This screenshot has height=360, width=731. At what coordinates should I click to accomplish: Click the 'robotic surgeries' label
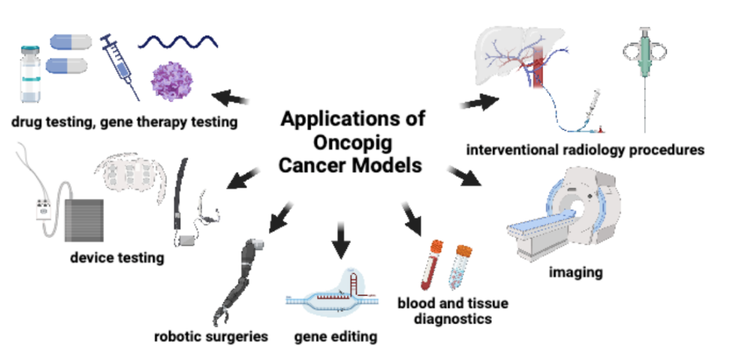[x=211, y=336]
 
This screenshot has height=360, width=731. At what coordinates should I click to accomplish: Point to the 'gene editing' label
[x=336, y=336]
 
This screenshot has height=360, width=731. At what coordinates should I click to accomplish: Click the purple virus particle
[x=171, y=81]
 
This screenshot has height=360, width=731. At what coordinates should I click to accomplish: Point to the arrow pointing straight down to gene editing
[x=341, y=243]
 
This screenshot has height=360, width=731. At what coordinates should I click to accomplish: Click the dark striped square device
[x=84, y=221]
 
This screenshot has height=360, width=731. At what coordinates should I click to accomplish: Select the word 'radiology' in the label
[x=589, y=150]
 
